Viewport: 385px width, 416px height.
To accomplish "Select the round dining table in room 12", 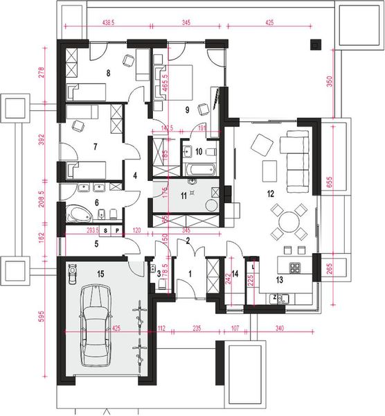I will click(287, 222).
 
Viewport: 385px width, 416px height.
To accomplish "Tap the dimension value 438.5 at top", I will click(108, 23).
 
